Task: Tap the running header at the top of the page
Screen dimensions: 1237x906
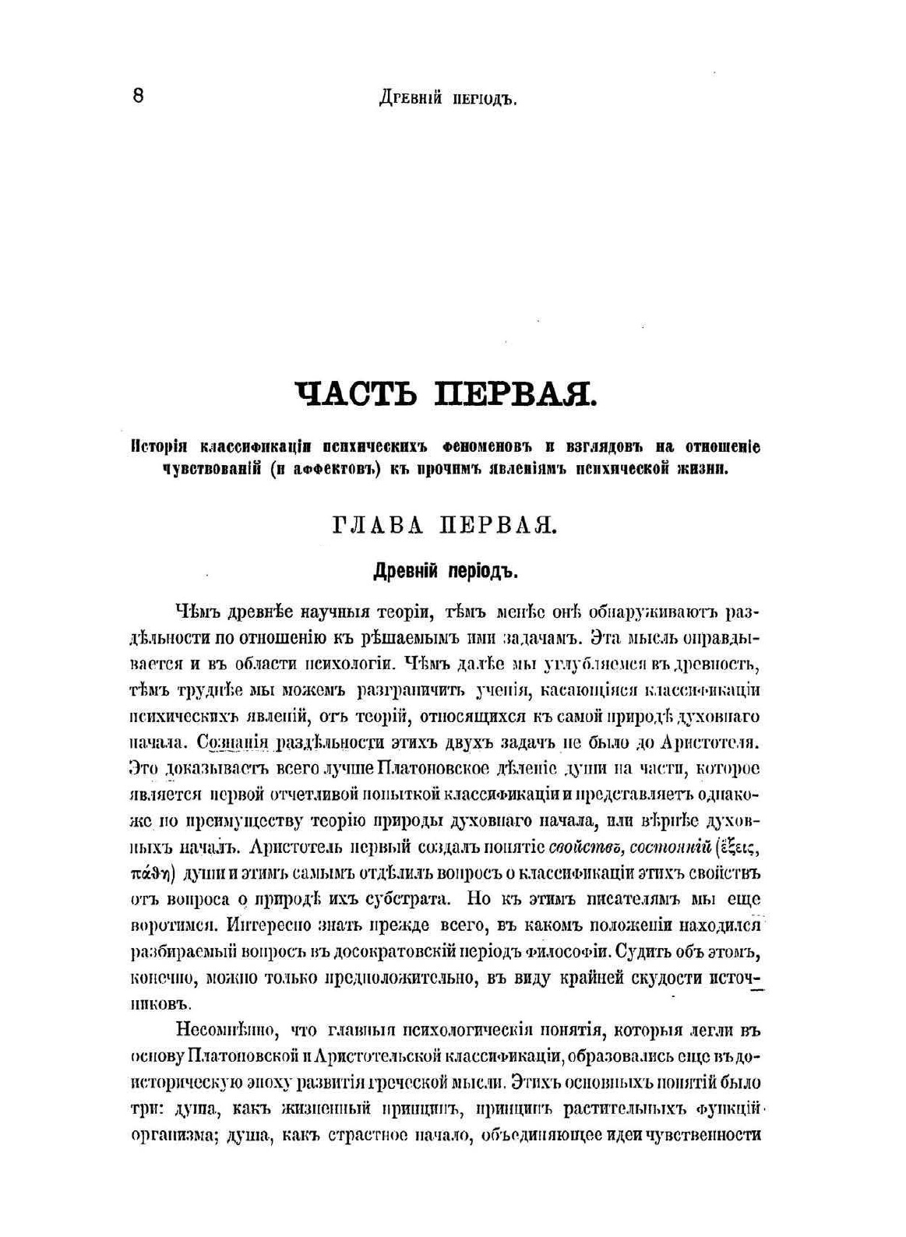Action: point(447,99)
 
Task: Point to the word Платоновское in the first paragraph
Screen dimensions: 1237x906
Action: point(432,769)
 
